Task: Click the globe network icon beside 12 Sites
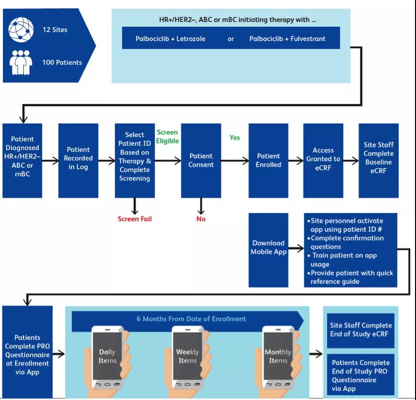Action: pos(21,30)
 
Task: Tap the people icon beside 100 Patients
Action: pos(21,61)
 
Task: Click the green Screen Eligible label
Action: pos(167,137)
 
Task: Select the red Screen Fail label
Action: pos(135,219)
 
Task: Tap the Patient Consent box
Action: pos(201,160)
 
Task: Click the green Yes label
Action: pos(235,137)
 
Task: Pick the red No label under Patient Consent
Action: pos(201,219)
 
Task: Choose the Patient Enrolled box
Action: pos(268,160)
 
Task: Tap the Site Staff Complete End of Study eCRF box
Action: pos(360,330)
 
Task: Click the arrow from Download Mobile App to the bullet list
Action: pos(296,248)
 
